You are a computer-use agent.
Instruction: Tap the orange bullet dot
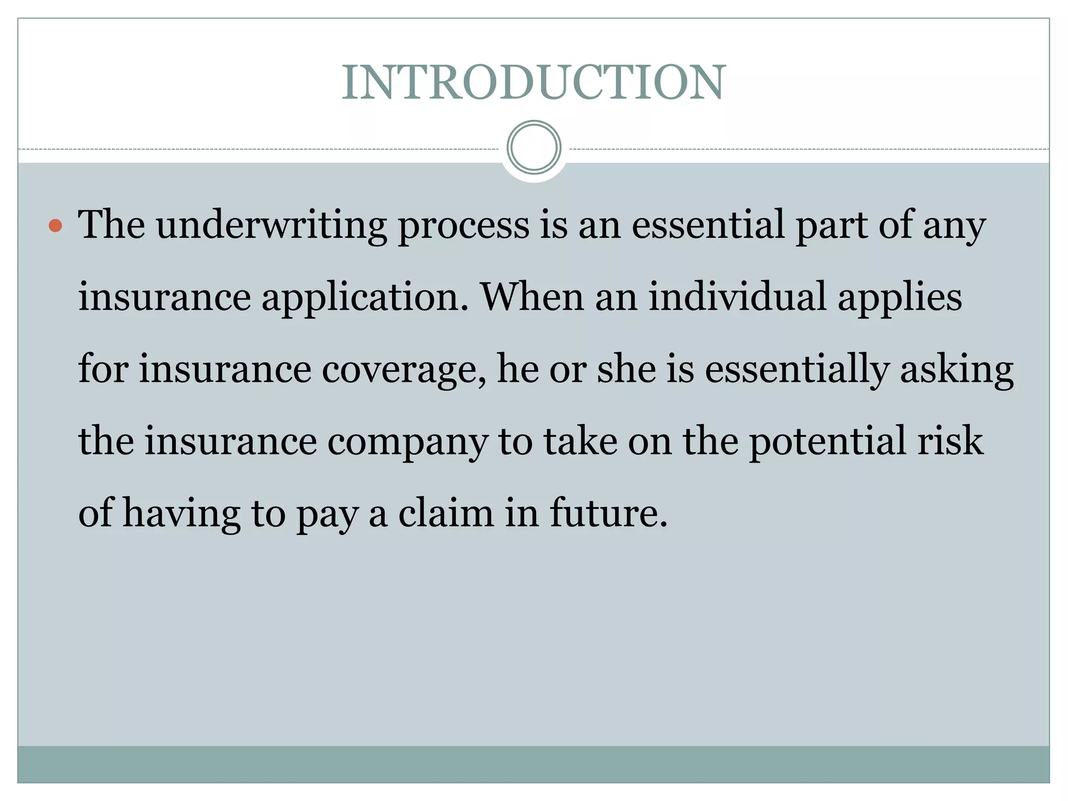click(55, 226)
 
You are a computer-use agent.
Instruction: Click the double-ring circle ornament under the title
click(533, 148)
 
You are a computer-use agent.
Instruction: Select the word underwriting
click(271, 226)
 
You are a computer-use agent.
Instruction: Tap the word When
click(532, 297)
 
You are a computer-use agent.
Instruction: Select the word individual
click(737, 297)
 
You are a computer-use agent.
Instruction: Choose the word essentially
click(797, 369)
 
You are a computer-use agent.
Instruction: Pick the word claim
click(446, 513)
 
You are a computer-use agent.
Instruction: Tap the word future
click(609, 513)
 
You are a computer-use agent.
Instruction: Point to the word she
click(626, 369)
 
